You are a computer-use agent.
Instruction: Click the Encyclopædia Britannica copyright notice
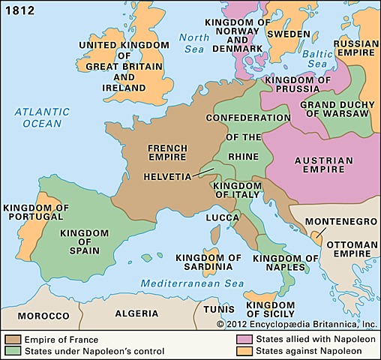297,324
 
